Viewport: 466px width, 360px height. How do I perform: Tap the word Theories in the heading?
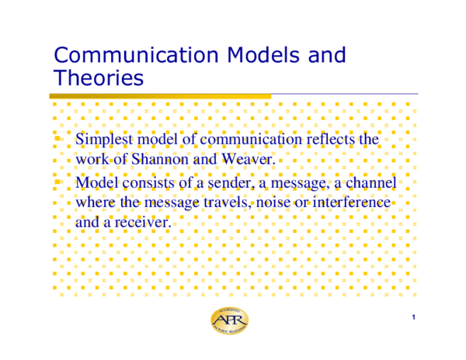[x=99, y=78]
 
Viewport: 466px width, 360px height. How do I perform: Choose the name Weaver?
[x=250, y=159]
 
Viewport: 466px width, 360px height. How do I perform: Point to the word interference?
[x=351, y=202]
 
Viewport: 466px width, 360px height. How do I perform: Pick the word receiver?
[x=141, y=222]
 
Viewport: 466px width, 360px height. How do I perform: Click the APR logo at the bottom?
[x=231, y=321]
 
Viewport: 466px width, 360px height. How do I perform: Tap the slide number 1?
[x=415, y=317]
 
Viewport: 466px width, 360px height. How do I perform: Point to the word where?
[x=96, y=202]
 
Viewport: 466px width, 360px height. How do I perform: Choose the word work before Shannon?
[x=93, y=159]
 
